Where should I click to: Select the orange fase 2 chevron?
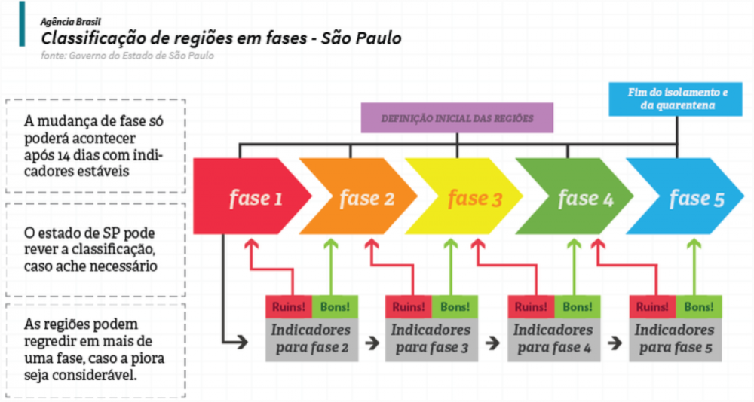359,196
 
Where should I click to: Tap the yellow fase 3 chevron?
464,196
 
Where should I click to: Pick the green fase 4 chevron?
575,196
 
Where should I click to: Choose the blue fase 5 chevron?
685,196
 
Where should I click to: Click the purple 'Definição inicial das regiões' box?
458,117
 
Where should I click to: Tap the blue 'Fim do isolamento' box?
676,99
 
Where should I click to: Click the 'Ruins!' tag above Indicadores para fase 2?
289,307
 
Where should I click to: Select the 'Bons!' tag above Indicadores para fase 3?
455,307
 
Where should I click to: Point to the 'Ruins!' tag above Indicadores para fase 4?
531,307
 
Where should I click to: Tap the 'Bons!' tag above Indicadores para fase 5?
699,307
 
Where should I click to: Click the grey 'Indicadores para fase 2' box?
311,340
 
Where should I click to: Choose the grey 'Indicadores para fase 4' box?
554,340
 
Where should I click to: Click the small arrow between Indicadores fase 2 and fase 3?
372,343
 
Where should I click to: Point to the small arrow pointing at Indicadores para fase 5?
615,343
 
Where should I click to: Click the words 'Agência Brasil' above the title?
71,22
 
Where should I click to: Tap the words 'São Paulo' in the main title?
361,38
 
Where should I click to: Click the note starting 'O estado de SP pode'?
90,249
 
